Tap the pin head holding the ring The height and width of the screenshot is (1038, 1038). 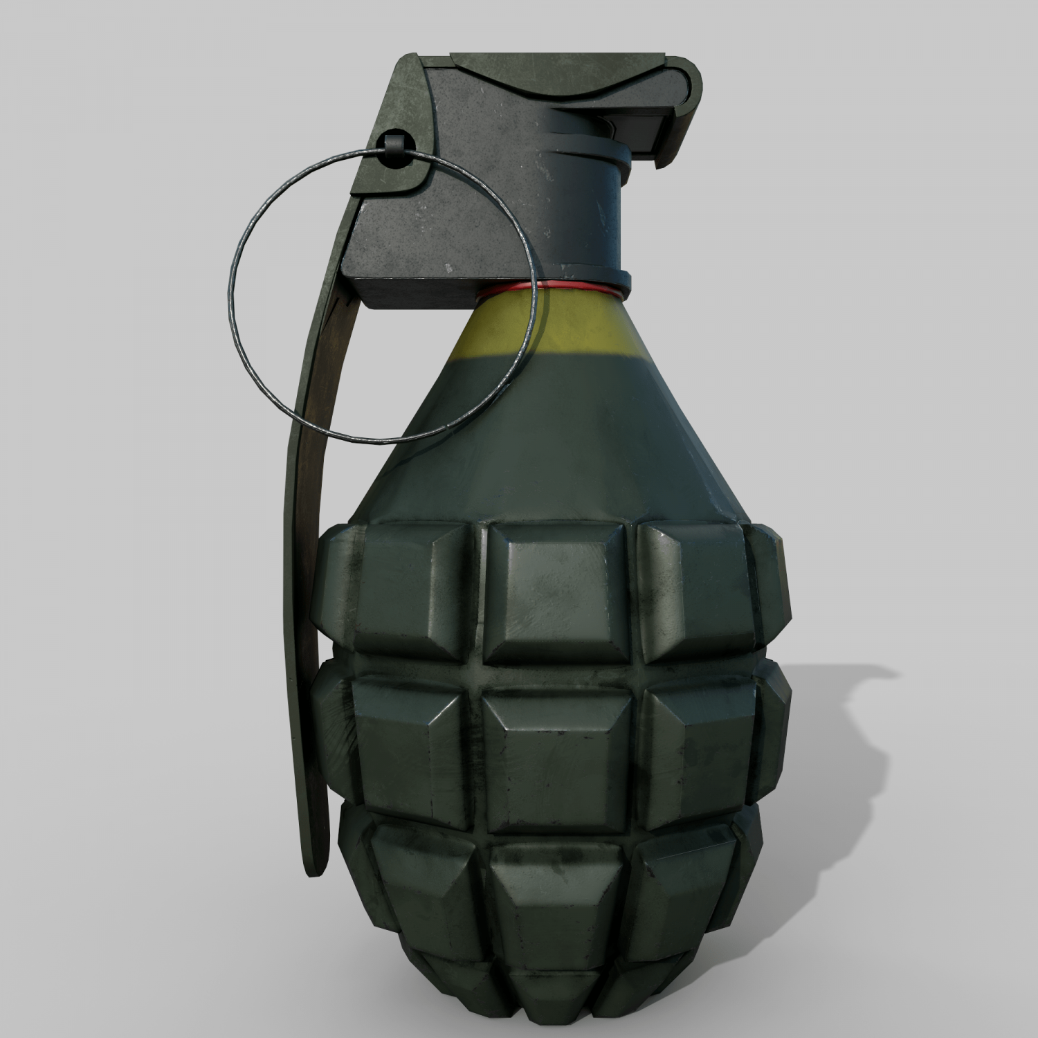(392, 147)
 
